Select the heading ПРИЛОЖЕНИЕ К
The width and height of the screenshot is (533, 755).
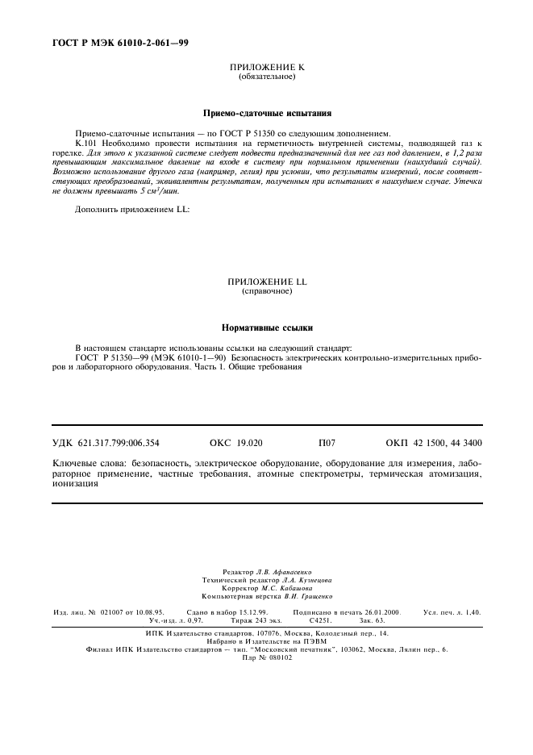pos(267,69)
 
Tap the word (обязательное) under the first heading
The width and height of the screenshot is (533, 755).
pos(267,77)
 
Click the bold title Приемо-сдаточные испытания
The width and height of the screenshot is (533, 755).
pos(266,115)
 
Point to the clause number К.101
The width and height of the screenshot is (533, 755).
pos(87,142)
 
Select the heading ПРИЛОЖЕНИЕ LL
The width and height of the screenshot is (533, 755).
pos(267,282)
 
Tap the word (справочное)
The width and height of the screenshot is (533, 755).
pos(267,290)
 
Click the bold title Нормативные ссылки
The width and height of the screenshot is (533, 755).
pos(266,328)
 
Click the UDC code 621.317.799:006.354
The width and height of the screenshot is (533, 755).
pos(119,443)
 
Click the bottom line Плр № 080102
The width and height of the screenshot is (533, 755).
pos(267,657)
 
